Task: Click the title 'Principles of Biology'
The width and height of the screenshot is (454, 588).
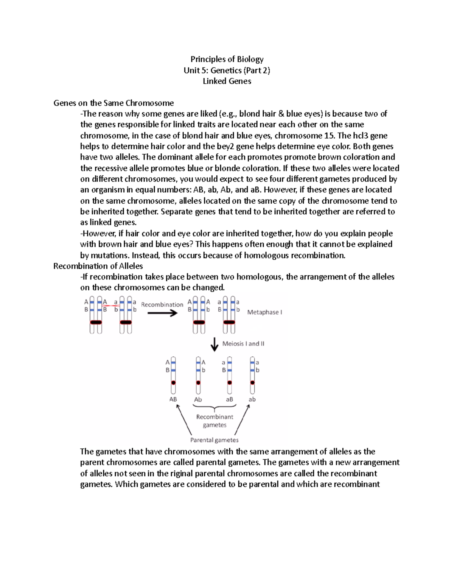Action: (227, 59)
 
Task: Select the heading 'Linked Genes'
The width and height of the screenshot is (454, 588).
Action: (227, 81)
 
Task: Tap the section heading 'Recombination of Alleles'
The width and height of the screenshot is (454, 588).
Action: (98, 266)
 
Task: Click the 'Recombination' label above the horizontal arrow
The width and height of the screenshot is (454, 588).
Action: (162, 304)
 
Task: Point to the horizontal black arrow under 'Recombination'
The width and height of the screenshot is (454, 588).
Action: (162, 313)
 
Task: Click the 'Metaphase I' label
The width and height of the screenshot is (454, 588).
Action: (264, 312)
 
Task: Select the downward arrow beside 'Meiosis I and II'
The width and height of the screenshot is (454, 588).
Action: (215, 344)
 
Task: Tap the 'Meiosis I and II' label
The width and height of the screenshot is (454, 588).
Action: (243, 344)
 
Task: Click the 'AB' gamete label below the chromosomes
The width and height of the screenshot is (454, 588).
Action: (173, 399)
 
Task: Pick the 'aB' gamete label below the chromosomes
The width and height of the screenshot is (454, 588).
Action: (230, 399)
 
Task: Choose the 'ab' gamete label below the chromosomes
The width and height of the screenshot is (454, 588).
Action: (252, 399)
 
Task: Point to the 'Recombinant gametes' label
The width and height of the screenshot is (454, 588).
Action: (215, 421)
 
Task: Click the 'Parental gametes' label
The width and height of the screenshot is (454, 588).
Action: (214, 440)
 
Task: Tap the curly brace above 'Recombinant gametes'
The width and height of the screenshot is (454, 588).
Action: (215, 408)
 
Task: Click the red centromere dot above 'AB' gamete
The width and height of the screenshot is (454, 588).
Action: (173, 383)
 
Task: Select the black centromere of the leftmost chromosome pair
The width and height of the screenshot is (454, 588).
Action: (96, 322)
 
